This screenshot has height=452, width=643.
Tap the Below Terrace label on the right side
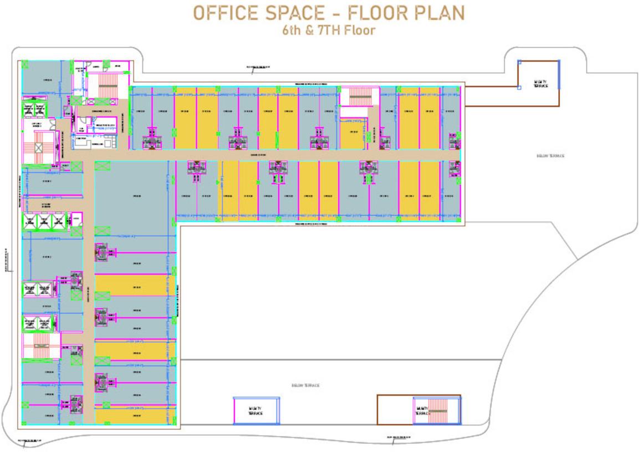(550, 156)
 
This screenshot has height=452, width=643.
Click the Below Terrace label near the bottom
(305, 385)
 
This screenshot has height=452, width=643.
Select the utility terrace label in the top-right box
(540, 84)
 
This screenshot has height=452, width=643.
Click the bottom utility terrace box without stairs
(256, 411)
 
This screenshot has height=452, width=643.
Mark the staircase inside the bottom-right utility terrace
(440, 411)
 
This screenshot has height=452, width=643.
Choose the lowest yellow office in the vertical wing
(131, 416)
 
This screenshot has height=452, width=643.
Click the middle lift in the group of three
(42, 222)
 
